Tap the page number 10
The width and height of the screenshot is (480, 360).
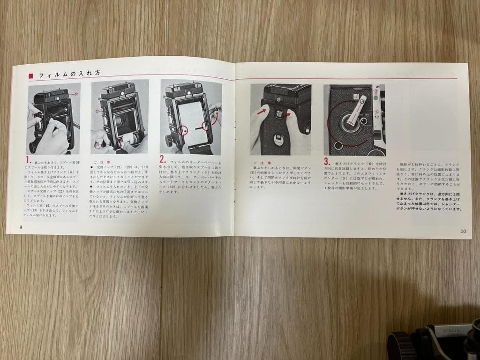point(463,231)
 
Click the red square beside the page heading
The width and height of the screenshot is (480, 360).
point(31,75)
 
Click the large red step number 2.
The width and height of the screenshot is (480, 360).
point(163,158)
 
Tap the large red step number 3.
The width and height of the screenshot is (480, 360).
point(327,162)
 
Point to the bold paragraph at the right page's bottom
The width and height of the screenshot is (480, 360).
point(429,200)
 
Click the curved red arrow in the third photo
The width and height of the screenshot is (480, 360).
point(216,115)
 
